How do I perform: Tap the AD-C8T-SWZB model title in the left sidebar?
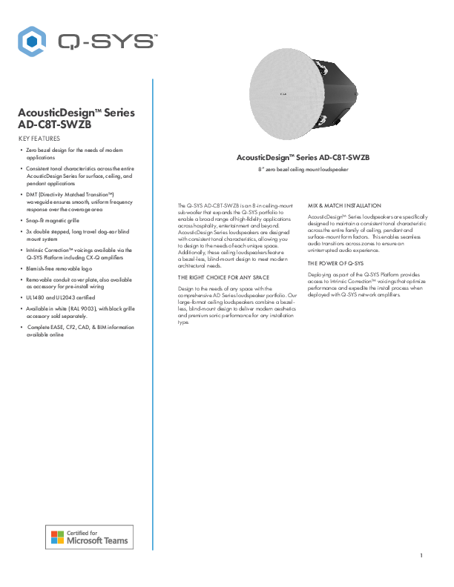(59, 125)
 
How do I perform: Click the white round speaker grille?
(283, 94)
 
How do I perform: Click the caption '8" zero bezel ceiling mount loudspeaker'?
(303, 170)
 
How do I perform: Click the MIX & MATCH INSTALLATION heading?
(344, 205)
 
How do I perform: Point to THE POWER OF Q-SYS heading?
(335, 263)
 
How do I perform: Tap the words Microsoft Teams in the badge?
(99, 541)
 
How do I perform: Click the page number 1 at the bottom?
(421, 556)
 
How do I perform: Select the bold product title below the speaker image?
(303, 158)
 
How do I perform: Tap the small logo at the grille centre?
(283, 94)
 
